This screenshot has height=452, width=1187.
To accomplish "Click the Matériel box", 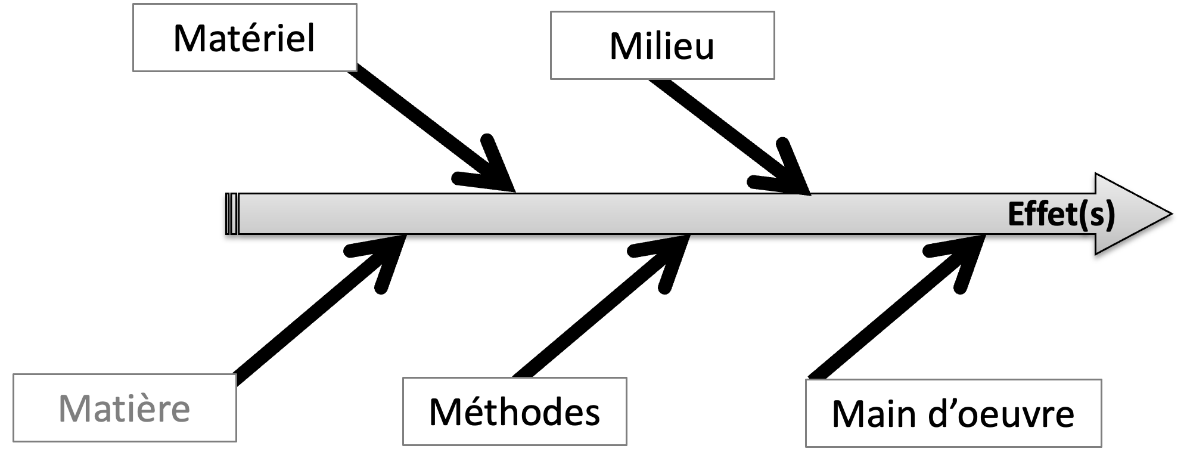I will click(x=244, y=38).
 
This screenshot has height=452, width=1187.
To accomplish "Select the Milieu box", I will click(x=662, y=45).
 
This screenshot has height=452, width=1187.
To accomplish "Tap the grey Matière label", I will click(x=125, y=408).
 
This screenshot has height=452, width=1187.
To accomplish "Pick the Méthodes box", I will click(x=514, y=411).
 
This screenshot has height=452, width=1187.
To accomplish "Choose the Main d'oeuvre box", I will click(x=953, y=413).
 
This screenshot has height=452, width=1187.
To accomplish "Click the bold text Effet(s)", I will click(x=1061, y=213).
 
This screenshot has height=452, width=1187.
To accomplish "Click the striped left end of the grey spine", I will click(x=232, y=213).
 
